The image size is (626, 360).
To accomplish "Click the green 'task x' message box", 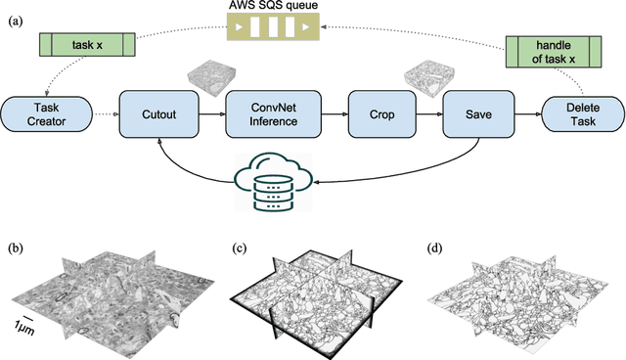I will pos(83,45).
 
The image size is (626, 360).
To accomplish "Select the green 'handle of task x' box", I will pos(554,52).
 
